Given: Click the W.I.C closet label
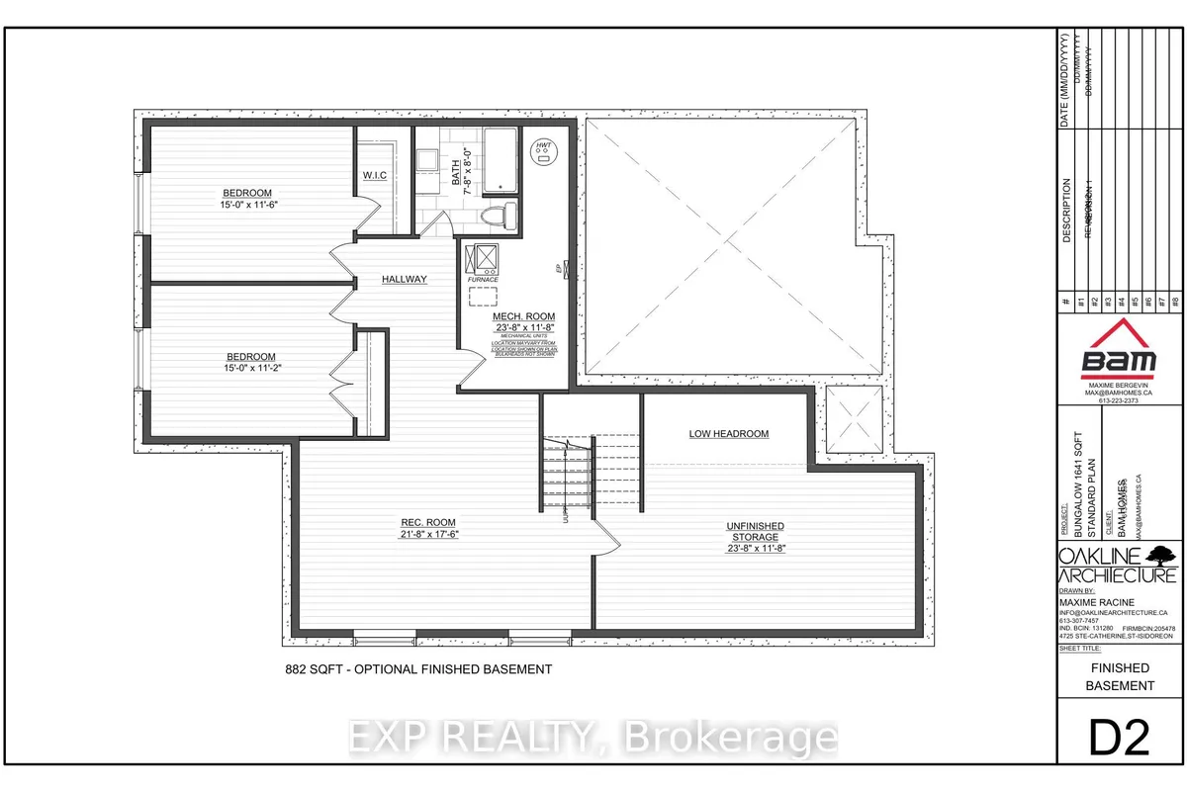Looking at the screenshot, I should tap(374, 177).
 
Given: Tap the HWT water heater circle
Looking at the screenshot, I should tap(543, 151).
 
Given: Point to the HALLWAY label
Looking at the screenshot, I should tap(405, 280).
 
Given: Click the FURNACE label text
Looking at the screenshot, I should tap(484, 280).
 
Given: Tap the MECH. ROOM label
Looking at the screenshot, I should tap(524, 316).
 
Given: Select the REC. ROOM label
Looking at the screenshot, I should tap(428, 522).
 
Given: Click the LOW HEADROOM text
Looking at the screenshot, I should tap(728, 434).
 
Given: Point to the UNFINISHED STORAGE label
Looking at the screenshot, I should tap(756, 531).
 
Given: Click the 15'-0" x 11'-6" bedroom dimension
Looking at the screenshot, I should tap(247, 204).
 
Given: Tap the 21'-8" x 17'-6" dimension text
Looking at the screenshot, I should tap(428, 534).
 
